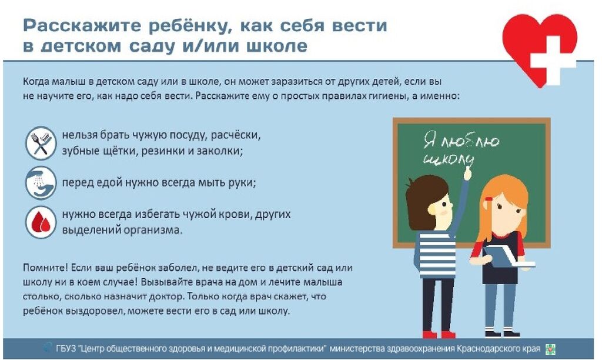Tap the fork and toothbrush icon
click(x=41, y=144)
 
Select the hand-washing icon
click(x=41, y=183)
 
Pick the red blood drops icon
click(x=41, y=222)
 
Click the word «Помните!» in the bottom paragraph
click(x=46, y=268)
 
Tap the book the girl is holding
click(x=507, y=256)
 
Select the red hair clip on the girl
click(x=489, y=199)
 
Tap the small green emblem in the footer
click(x=550, y=349)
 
